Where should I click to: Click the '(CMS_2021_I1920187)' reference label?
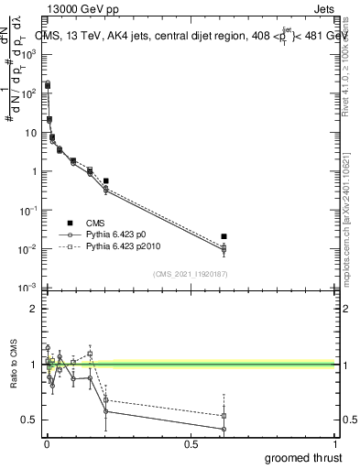coord(190,273)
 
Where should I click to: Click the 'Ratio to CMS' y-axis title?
coord(14,365)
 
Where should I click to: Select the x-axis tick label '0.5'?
coord(191,444)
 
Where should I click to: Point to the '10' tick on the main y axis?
coord(29,132)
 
